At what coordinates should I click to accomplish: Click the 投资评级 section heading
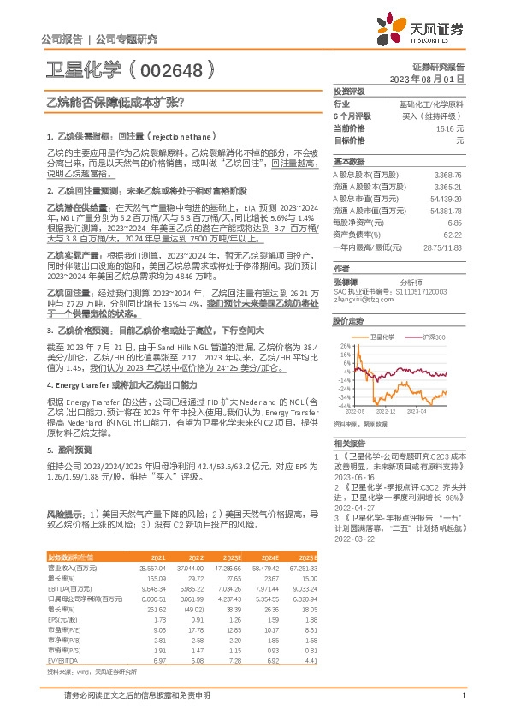[349, 91]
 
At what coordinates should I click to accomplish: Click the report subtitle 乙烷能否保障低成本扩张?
[115, 101]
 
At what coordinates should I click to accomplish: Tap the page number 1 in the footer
[463, 706]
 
